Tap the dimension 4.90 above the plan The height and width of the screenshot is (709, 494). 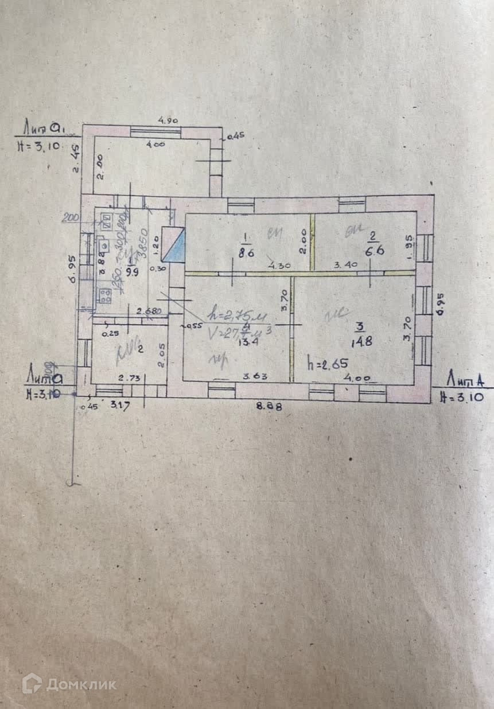click(x=168, y=121)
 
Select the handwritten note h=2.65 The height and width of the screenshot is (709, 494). click(x=327, y=363)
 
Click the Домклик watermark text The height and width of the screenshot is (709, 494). click(x=81, y=684)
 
